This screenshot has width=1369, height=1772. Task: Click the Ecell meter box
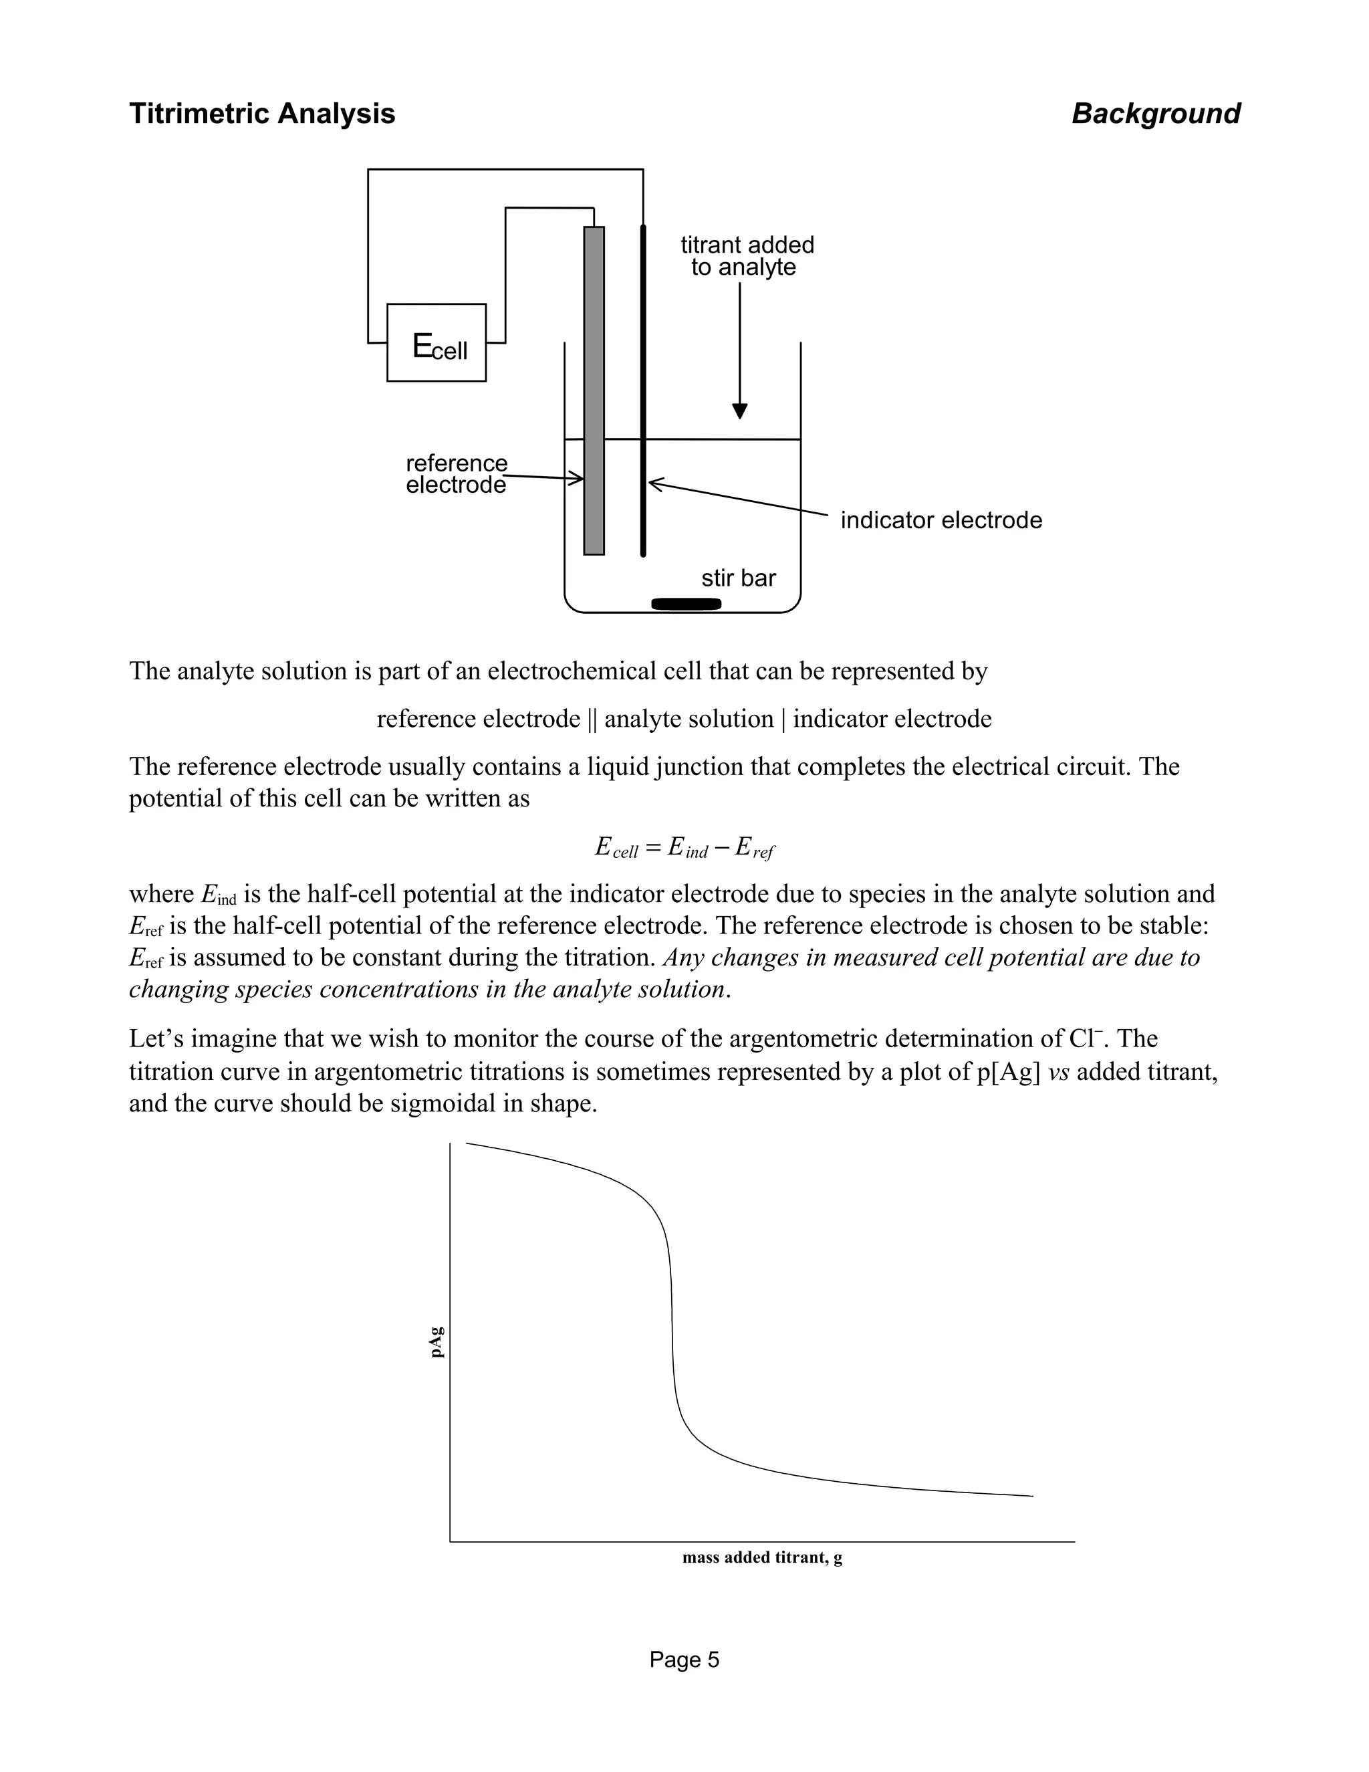437,342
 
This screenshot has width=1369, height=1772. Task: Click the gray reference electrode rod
594,389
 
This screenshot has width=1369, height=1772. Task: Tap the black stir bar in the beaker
686,603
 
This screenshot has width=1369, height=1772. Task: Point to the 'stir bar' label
738,578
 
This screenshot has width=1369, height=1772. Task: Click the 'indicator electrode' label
941,520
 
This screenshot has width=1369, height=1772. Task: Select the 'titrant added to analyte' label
746,255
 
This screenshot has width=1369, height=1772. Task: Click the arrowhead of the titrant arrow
739,411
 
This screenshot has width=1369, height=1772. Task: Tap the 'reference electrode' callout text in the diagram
456,474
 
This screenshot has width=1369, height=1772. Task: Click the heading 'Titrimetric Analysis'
262,114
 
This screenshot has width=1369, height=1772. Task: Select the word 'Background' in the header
1156,114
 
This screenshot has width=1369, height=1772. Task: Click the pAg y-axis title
437,1341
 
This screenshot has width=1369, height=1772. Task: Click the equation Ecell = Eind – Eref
684,848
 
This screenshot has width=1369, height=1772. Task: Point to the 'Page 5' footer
684,1660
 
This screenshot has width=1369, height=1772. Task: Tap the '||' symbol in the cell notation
591,719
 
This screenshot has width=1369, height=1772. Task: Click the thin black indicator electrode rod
643,389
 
